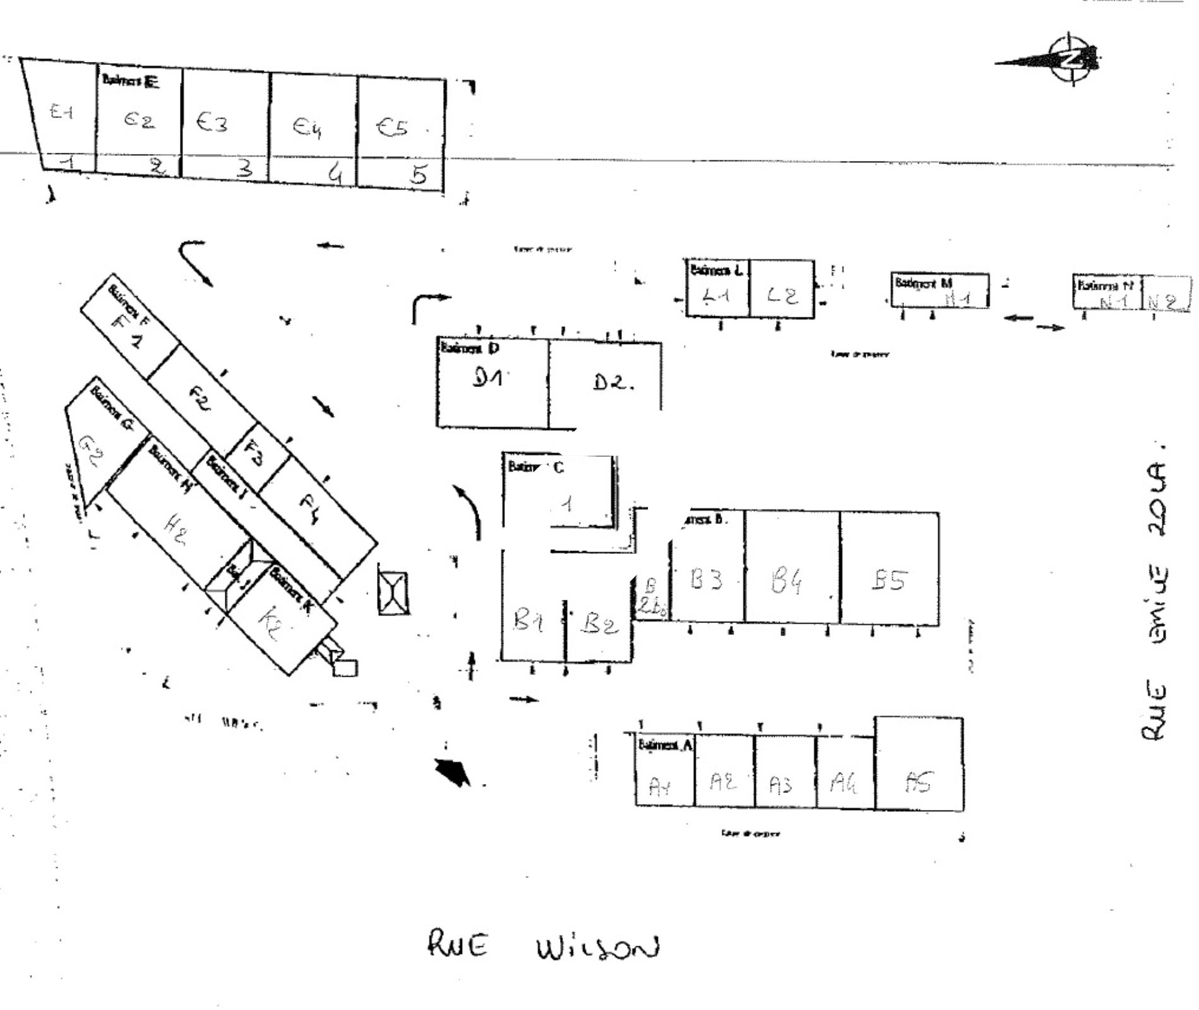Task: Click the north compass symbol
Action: tap(1071, 59)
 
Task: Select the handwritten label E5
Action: tap(392, 127)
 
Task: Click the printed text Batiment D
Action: tap(470, 348)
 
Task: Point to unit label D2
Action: tap(610, 382)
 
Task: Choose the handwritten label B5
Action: tap(889, 579)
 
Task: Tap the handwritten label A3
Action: tap(780, 785)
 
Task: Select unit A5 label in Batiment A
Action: tap(917, 783)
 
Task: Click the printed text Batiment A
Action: tap(665, 745)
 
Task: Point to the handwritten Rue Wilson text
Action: tap(543, 947)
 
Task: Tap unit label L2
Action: tap(782, 295)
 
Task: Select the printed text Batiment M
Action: tap(923, 283)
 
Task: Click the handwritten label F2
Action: tap(200, 400)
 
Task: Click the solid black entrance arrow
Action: tap(453, 771)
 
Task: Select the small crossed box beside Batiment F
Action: tap(393, 593)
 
